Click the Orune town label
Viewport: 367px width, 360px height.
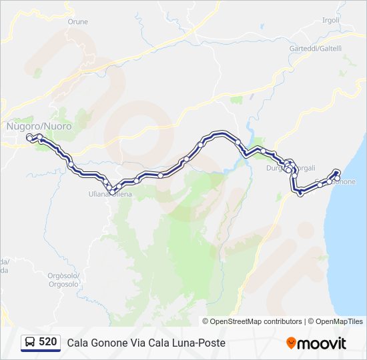(77, 21)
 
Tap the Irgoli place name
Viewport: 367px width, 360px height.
(331, 21)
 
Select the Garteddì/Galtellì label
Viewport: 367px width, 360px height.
(316, 49)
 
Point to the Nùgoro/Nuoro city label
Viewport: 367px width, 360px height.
(39, 125)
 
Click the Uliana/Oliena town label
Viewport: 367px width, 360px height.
(110, 194)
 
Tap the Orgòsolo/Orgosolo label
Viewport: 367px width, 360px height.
(63, 280)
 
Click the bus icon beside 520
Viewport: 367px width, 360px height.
(30, 342)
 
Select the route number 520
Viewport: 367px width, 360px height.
(47, 342)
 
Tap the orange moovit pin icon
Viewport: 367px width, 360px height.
(291, 343)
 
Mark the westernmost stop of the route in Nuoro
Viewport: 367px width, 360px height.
(29, 137)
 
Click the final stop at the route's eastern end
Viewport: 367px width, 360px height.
(337, 173)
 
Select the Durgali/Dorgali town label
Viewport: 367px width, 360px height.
(301, 168)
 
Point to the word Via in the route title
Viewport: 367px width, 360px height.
(141, 343)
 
